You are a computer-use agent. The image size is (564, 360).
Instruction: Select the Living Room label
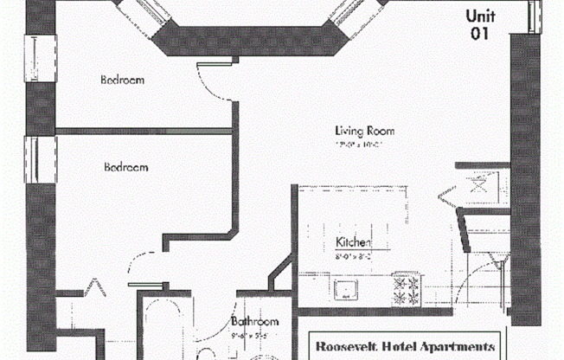coord(365,132)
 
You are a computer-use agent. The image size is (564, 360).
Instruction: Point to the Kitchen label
coord(353,243)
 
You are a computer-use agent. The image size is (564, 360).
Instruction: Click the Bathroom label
coord(255,322)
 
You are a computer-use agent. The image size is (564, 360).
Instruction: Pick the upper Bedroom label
coord(122,80)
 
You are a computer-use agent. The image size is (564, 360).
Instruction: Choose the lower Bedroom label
coord(125,167)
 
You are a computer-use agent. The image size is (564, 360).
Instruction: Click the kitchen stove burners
coord(406,289)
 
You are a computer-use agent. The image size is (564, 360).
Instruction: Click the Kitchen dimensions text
coord(352,256)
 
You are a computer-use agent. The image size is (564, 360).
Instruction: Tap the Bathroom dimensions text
coord(253,334)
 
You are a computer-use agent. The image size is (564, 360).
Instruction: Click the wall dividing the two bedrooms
coord(144,132)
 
